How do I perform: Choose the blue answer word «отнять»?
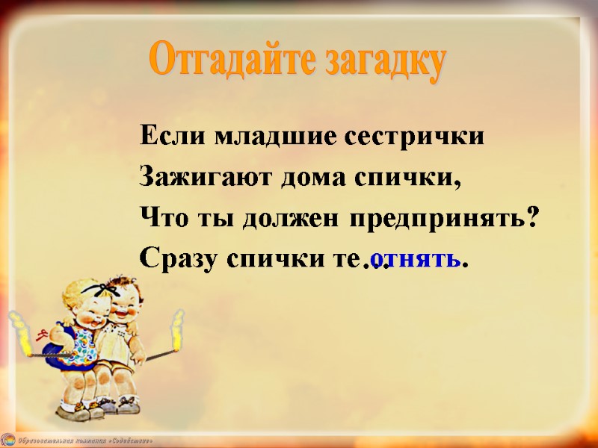tap(416, 259)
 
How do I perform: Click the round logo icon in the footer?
tap(7, 440)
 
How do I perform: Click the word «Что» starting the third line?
tap(157, 220)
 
